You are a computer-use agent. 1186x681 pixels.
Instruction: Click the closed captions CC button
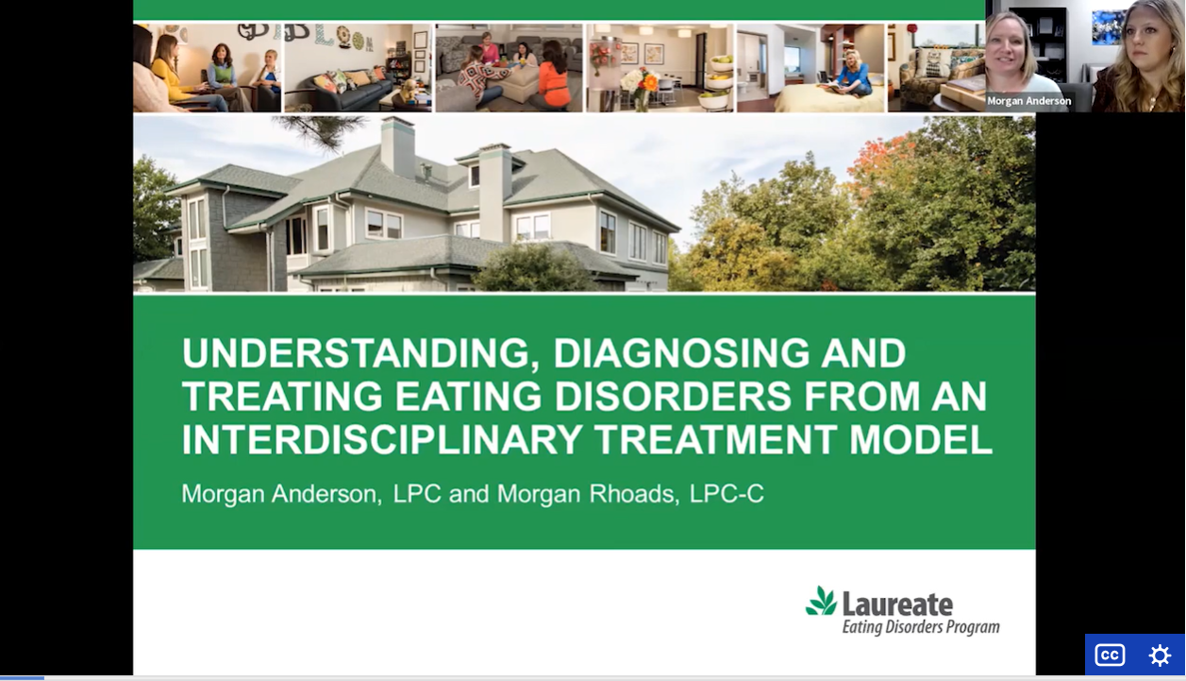click(x=1110, y=655)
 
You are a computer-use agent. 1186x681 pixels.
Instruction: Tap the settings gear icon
click(x=1160, y=655)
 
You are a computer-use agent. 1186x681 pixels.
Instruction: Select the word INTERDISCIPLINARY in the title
click(x=382, y=439)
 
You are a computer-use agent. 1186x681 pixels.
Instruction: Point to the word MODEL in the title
click(x=920, y=439)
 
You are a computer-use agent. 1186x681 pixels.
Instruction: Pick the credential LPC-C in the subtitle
click(x=727, y=493)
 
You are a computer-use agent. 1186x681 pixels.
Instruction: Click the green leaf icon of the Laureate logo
click(x=822, y=601)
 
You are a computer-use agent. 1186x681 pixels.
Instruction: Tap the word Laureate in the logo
click(x=897, y=604)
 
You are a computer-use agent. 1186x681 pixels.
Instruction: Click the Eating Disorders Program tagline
click(x=921, y=627)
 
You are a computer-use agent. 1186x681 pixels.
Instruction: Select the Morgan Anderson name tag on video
click(x=1028, y=101)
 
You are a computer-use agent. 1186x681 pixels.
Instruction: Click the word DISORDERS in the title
click(x=673, y=397)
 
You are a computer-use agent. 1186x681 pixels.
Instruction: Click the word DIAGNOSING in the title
click(x=681, y=353)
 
